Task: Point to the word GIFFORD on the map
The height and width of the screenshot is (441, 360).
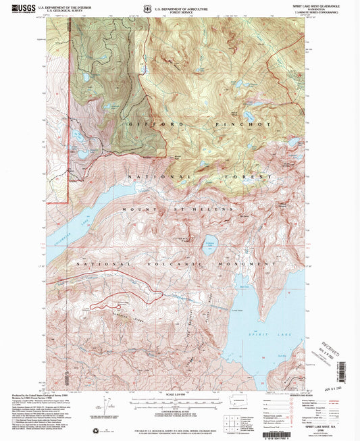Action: [147, 126]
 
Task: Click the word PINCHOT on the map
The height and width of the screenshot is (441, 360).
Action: [234, 126]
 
